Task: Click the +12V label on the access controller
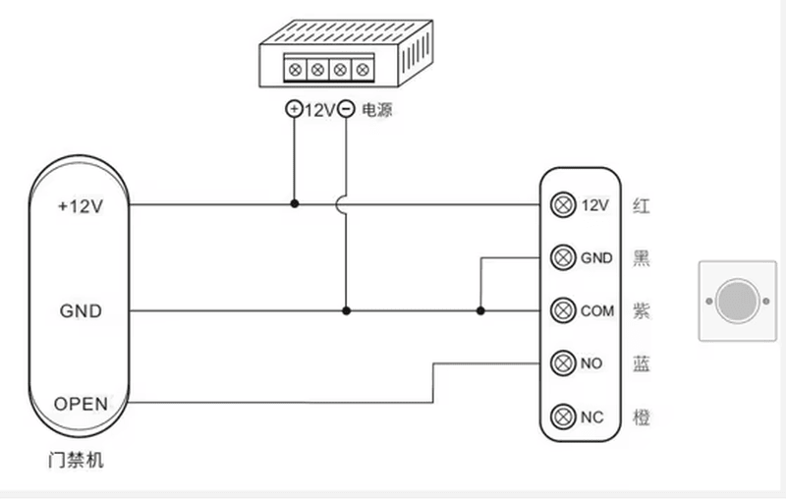(x=81, y=206)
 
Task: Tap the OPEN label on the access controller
(x=81, y=404)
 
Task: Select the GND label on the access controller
(x=81, y=310)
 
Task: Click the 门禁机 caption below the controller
(x=76, y=460)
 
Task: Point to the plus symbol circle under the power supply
(x=294, y=109)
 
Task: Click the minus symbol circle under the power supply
(x=346, y=109)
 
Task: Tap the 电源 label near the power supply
(x=377, y=110)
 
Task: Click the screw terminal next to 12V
(x=563, y=205)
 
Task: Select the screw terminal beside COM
(x=563, y=310)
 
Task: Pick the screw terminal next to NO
(x=563, y=363)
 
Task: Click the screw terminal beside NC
(x=563, y=417)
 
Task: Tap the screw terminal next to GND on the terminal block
(x=563, y=257)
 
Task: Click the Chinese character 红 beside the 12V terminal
(x=642, y=205)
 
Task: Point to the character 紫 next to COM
(x=642, y=311)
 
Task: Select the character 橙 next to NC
(x=642, y=417)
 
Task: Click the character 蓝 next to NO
(x=642, y=363)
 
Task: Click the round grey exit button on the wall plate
(x=738, y=302)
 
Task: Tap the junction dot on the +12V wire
(x=294, y=204)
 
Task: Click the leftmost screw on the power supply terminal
(x=296, y=70)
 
